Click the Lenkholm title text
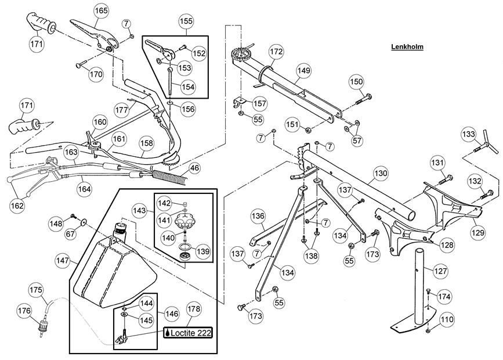(406, 47)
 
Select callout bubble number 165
(101, 11)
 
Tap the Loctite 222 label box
(187, 333)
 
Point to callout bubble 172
(276, 52)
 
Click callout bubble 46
(194, 168)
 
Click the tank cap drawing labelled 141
(190, 221)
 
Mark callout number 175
(35, 290)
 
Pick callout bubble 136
(258, 215)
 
